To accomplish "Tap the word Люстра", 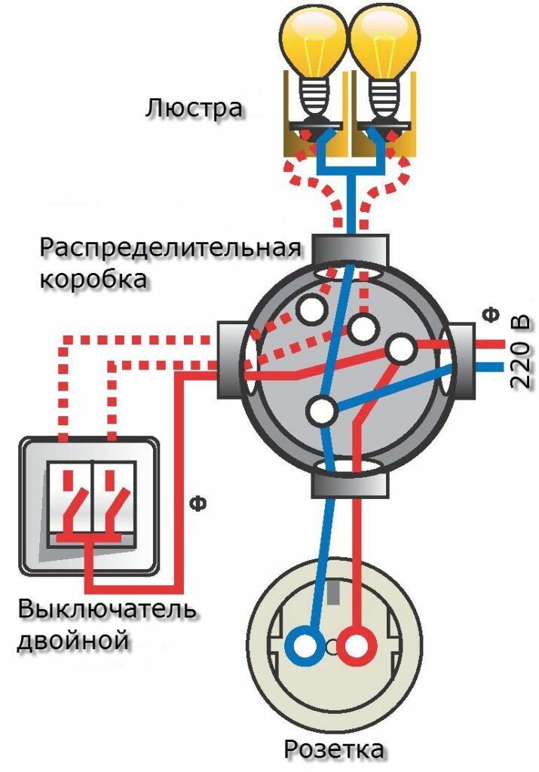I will click(195, 107).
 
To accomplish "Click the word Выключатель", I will click(109, 609).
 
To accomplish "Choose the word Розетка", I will click(334, 750).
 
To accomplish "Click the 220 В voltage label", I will click(521, 353).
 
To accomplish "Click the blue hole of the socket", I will click(305, 646).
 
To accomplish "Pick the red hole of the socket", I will click(356, 646).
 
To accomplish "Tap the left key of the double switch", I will click(69, 501).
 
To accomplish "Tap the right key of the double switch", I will click(114, 501).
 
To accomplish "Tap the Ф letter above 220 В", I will click(492, 312).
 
